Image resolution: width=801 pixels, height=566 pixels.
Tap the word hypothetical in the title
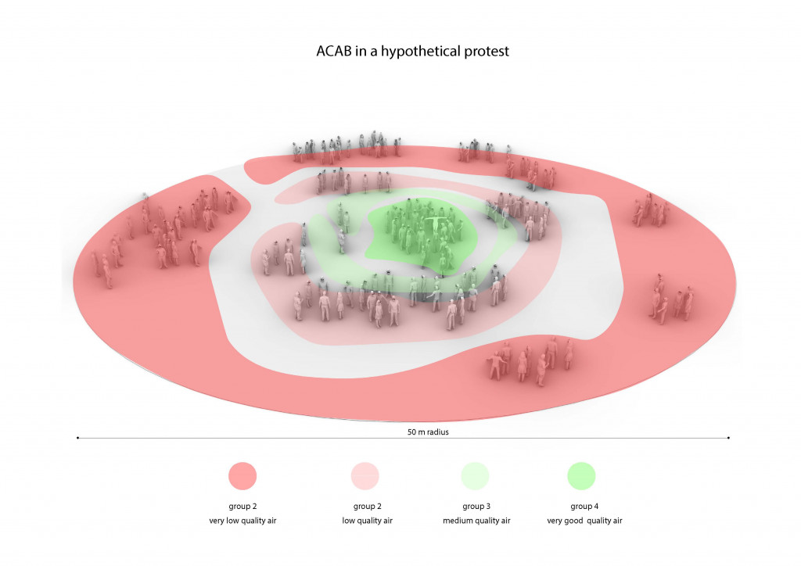click(423, 52)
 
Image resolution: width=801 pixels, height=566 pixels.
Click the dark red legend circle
click(242, 475)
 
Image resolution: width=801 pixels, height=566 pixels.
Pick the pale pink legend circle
click(365, 475)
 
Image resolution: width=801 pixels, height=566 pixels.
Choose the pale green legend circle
click(475, 475)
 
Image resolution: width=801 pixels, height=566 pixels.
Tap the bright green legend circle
click(581, 475)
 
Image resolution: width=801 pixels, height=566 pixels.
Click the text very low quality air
click(242, 520)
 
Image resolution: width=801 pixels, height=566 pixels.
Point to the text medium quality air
click(476, 520)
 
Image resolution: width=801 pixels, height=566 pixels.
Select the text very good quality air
click(582, 520)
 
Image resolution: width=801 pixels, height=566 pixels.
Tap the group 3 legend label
click(476, 507)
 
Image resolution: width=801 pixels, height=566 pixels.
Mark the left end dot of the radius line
click(77, 438)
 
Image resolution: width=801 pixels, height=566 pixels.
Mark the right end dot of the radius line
click(729, 438)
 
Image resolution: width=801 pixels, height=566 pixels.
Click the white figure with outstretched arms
click(433, 225)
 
